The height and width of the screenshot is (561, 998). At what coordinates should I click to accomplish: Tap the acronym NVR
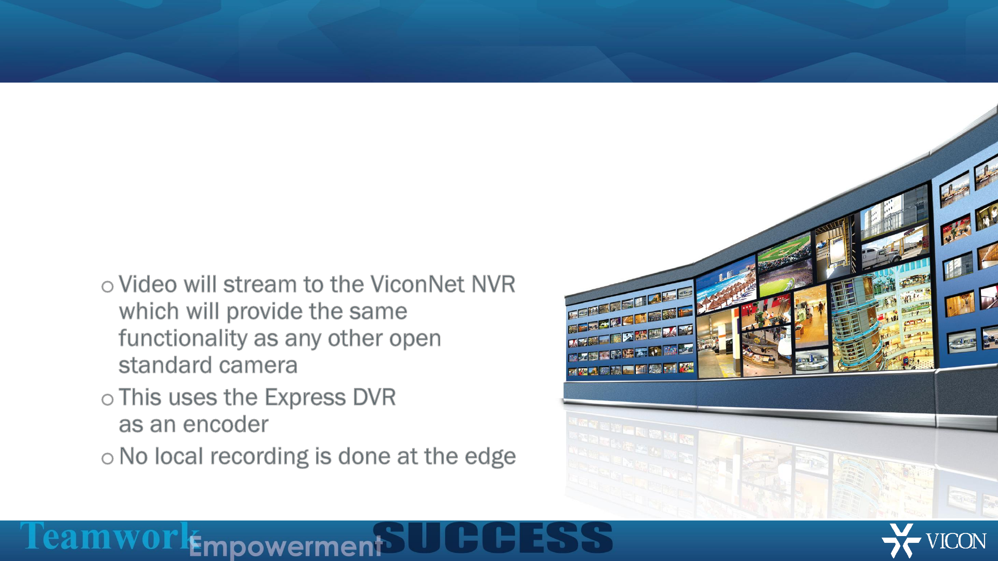[493, 285]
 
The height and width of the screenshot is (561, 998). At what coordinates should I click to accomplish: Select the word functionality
[183, 339]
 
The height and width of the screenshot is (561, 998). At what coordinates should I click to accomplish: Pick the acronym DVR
[374, 397]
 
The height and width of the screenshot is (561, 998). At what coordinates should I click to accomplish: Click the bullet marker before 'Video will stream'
[108, 287]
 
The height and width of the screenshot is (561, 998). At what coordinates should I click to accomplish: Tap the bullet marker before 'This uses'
[108, 399]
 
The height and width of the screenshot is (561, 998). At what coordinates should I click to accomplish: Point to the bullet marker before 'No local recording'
[108, 459]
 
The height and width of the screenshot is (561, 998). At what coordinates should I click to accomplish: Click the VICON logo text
[956, 541]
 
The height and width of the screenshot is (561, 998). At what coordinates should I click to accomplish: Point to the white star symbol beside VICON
[901, 540]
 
